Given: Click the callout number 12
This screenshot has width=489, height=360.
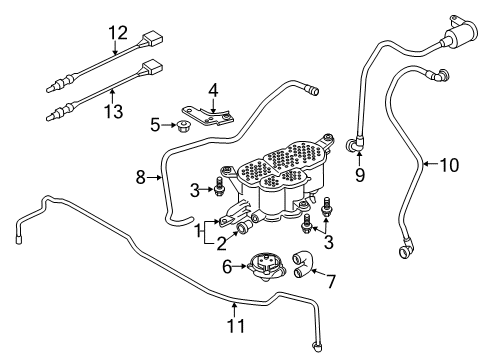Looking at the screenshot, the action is tap(118, 33).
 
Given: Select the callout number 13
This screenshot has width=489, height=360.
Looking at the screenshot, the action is tap(114, 111).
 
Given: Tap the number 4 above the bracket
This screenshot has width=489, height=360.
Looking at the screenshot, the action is tap(213, 90).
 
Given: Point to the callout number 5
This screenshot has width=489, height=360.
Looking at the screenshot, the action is tap(155, 125).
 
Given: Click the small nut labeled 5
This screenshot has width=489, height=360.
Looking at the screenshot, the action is tap(182, 125).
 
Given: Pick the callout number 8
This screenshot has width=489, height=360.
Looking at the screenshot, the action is tap(141, 177).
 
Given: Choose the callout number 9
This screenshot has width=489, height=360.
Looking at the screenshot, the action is tap(360, 175).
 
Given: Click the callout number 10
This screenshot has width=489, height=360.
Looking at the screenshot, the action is tap(449, 165).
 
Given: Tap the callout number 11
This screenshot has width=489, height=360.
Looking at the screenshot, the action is tap(236, 325).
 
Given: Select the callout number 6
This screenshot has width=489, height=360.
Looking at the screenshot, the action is tap(227, 267).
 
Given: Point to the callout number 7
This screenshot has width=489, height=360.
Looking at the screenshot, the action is tap(331, 282).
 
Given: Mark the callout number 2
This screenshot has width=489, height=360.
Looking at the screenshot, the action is tap(222, 243).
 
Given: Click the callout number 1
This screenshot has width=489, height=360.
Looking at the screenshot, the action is tap(199, 230).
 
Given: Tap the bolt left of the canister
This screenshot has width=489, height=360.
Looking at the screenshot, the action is tap(218, 186).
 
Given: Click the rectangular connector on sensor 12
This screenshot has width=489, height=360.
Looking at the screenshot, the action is tap(153, 39).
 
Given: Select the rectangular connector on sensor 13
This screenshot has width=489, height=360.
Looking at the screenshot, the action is tap(153, 68).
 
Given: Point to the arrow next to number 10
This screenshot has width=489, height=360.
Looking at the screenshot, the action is tap(430, 164).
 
